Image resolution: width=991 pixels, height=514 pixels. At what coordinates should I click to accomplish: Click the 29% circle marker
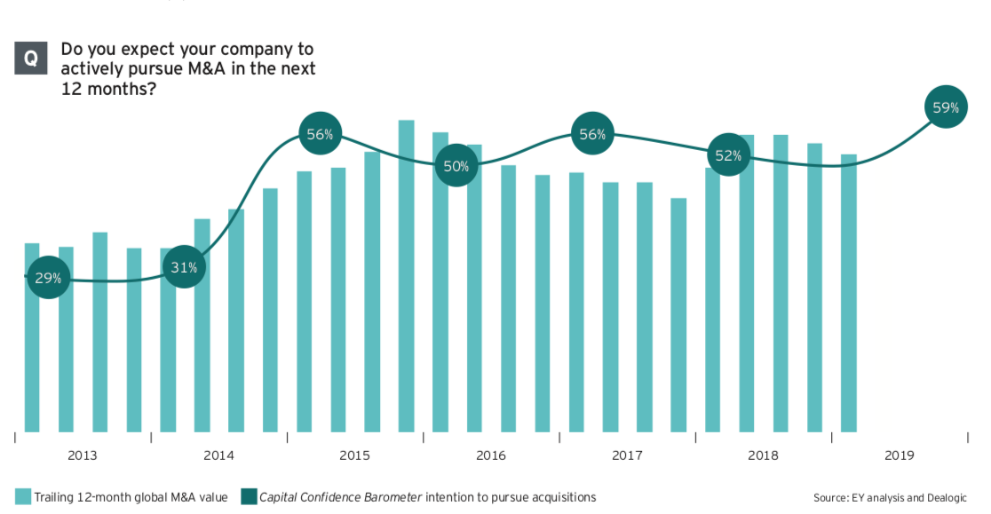pos(49,278)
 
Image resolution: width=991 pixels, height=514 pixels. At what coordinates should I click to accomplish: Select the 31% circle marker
pos(184,267)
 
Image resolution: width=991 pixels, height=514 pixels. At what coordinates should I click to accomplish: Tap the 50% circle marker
pos(456,166)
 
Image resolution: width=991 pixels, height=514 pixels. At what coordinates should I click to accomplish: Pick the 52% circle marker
pos(728,155)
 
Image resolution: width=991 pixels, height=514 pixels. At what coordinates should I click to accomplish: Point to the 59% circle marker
pos(946,108)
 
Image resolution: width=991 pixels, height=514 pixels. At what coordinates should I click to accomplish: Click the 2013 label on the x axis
pos(83,455)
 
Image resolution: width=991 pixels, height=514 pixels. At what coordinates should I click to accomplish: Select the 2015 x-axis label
pos(354,455)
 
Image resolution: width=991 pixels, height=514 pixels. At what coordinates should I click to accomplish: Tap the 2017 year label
pos(627,455)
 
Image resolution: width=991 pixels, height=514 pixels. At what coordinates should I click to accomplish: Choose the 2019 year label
pos(899,455)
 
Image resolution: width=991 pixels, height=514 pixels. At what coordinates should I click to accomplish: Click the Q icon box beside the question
pos(31,59)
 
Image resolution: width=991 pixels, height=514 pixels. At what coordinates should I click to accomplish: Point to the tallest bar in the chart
pos(407,275)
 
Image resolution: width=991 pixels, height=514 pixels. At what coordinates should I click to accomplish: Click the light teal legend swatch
pos(23,497)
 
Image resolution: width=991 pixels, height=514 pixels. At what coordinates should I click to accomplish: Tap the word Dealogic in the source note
pos(944,498)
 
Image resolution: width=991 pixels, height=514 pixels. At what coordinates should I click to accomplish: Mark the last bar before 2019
pos(849,293)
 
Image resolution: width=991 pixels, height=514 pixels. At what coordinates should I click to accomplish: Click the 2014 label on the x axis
pos(218,455)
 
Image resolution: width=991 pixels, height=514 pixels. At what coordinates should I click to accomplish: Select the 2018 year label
pos(763,455)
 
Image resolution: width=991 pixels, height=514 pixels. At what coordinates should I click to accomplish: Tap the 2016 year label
pos(491,455)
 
